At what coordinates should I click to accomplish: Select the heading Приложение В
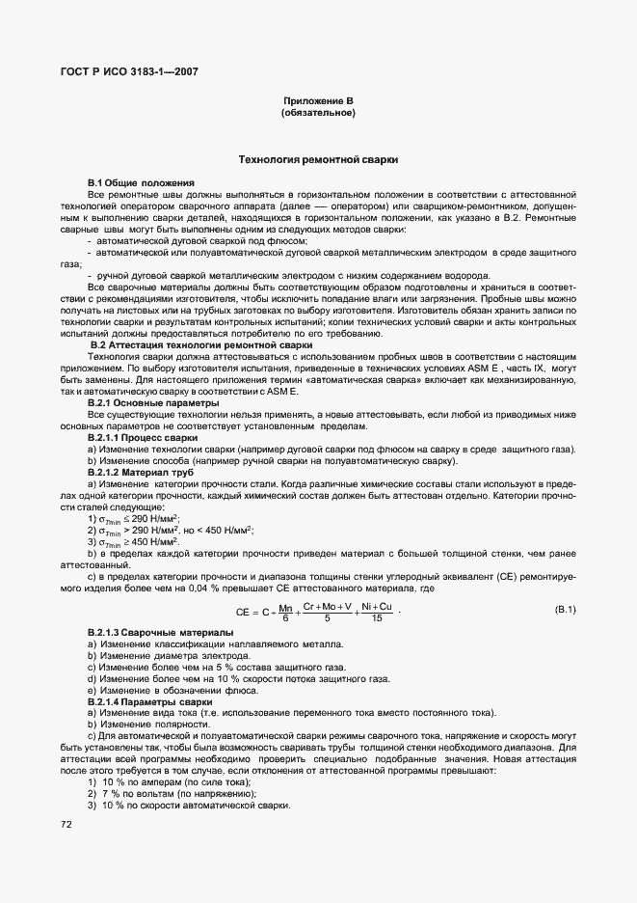[318, 101]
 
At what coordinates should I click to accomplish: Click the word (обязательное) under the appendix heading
[318, 114]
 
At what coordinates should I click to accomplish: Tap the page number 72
[66, 824]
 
